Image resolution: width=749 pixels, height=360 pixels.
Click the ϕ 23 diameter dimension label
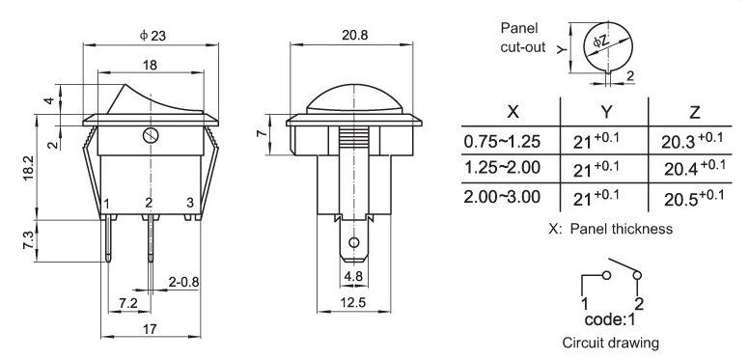pyautogui.click(x=153, y=36)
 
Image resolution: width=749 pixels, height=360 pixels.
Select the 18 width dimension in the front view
pyautogui.click(x=150, y=65)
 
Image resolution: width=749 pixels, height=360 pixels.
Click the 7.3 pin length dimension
pyautogui.click(x=28, y=240)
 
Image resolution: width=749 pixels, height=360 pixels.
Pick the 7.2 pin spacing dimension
pyautogui.click(x=128, y=303)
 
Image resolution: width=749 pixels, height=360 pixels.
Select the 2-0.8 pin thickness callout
pyautogui.click(x=184, y=282)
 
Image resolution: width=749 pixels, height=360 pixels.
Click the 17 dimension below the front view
pyautogui.click(x=150, y=329)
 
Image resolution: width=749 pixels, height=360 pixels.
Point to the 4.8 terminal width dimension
pyautogui.click(x=353, y=276)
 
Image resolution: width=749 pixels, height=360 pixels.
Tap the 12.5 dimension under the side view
pyautogui.click(x=353, y=303)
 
